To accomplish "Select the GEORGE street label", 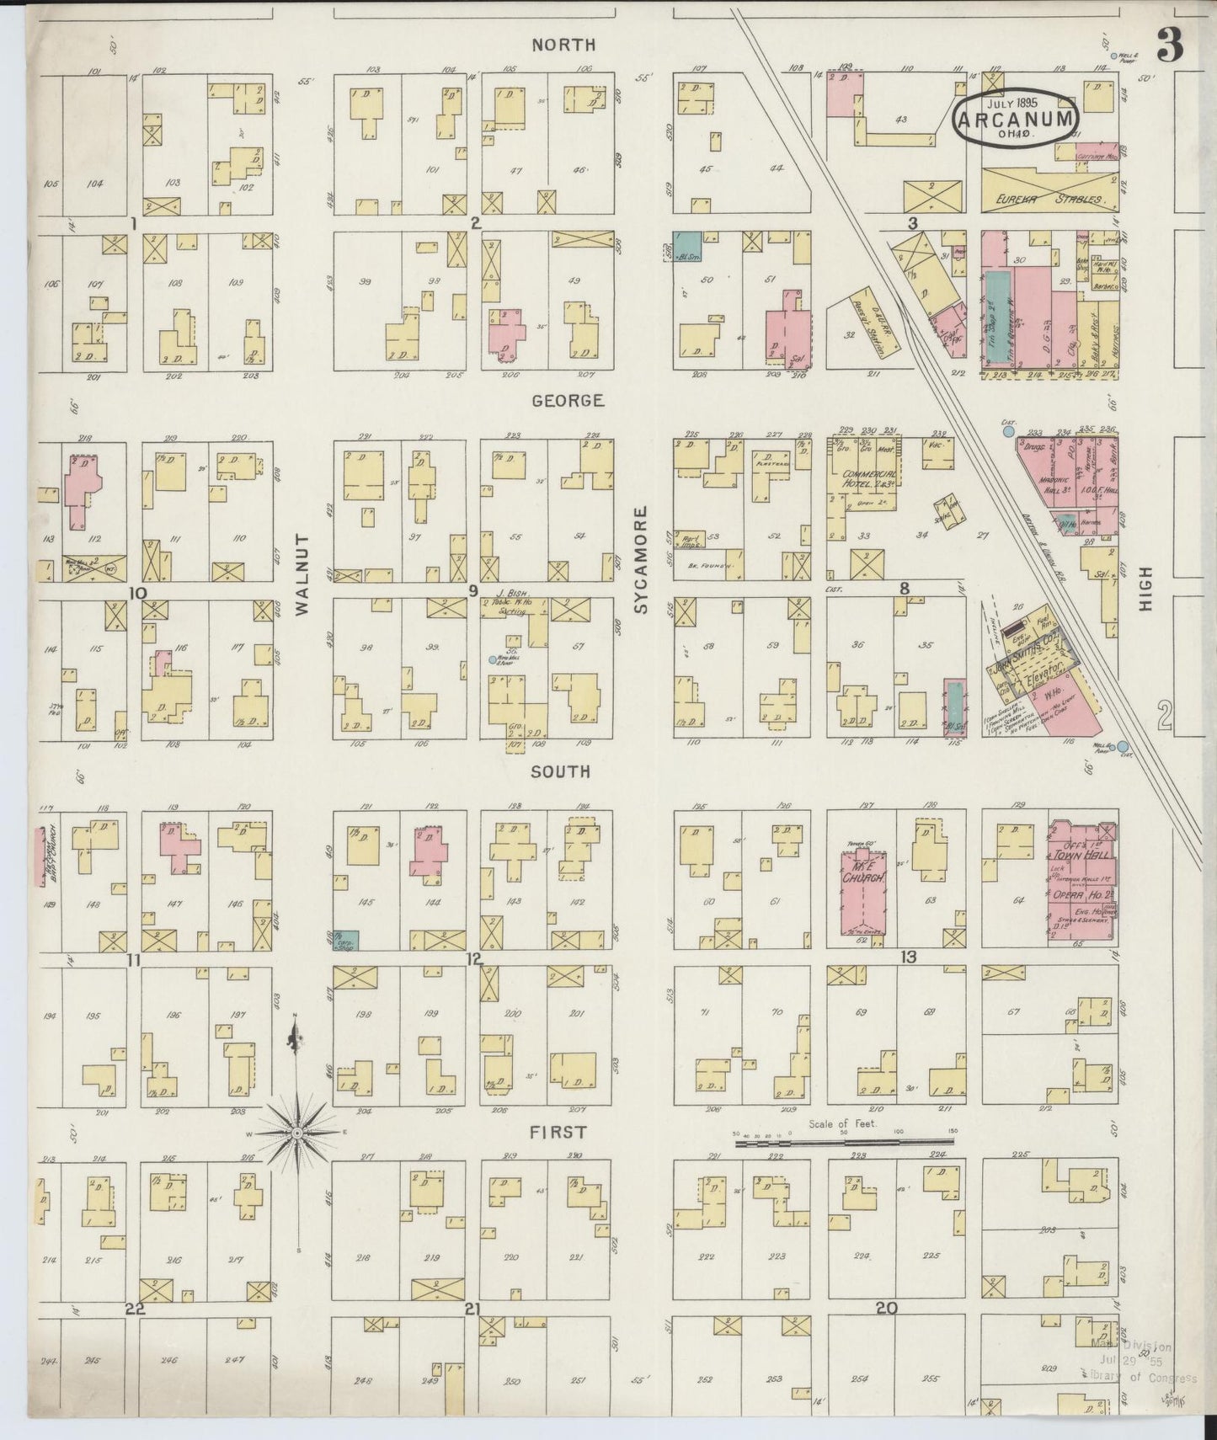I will point(567,400).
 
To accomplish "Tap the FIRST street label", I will point(557,1133).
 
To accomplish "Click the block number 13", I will point(907,957).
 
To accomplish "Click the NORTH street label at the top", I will point(563,45).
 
